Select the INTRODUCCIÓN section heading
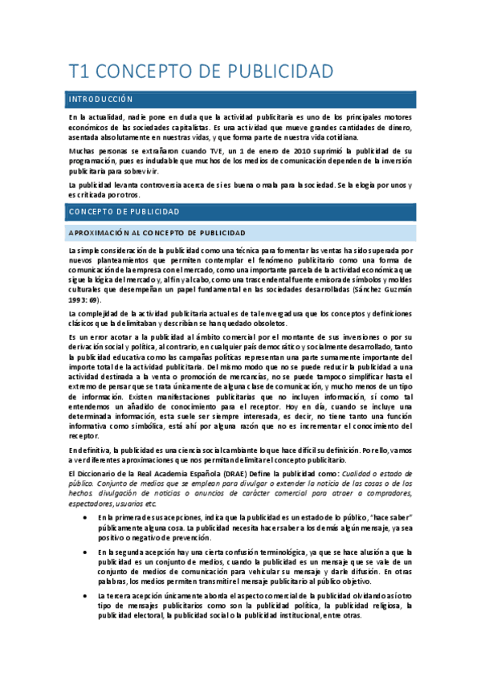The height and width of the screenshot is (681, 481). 100,100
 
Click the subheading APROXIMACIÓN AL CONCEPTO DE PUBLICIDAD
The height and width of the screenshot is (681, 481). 157,233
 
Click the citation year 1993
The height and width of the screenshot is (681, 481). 79,299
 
